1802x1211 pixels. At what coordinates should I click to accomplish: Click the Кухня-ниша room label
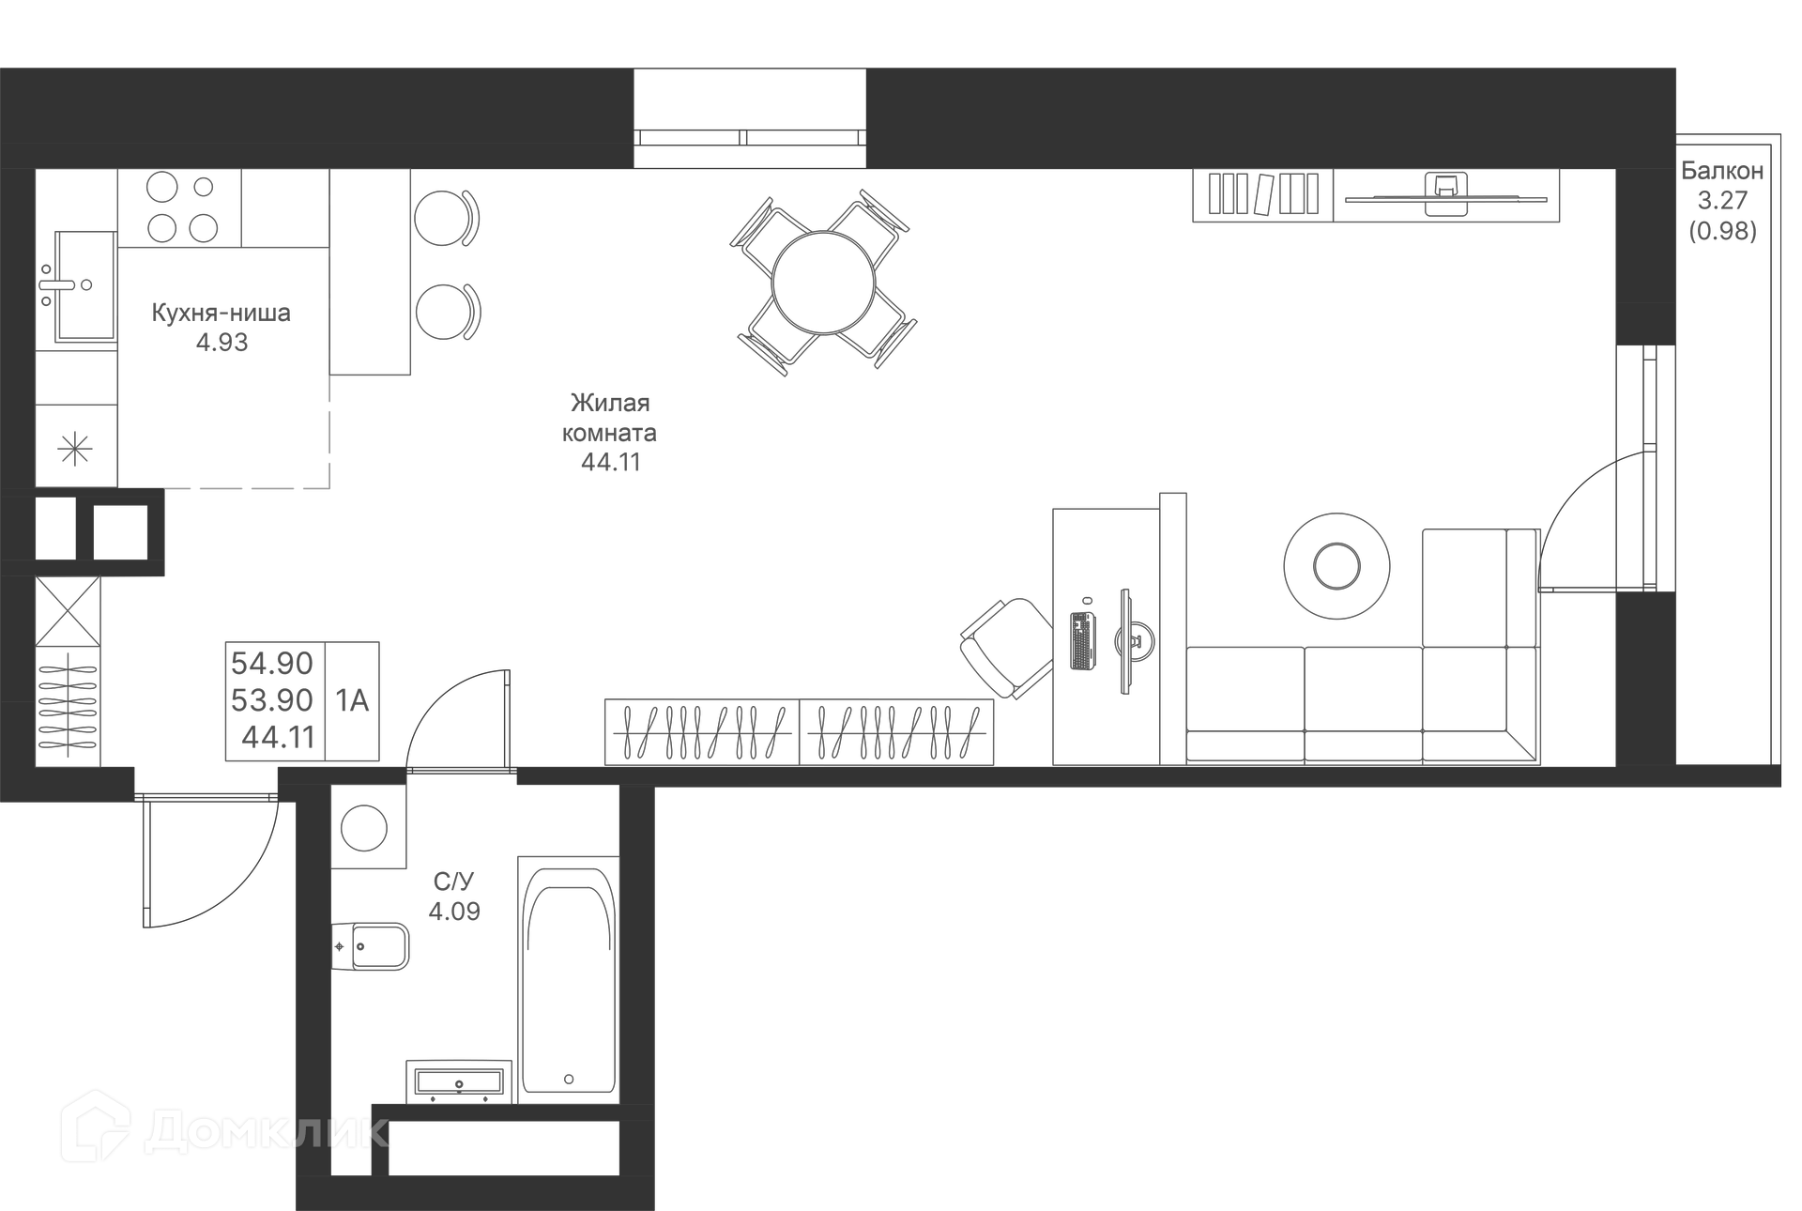(221, 313)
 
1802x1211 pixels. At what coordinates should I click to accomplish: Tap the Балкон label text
(1721, 171)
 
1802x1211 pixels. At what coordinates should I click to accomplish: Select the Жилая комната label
(609, 418)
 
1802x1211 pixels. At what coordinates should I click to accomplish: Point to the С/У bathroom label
(453, 881)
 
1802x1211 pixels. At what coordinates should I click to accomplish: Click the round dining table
(823, 283)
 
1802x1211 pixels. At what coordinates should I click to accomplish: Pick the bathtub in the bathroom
(568, 980)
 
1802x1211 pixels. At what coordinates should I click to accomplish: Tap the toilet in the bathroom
(375, 946)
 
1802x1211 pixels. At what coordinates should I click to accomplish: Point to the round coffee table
(1336, 566)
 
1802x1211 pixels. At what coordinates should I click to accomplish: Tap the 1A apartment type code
(352, 700)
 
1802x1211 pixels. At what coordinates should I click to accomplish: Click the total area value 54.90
(272, 664)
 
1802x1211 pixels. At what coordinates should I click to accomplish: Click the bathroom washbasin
(458, 1082)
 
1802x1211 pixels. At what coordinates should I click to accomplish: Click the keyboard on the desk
(1082, 640)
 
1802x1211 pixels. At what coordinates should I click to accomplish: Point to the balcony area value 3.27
(1721, 200)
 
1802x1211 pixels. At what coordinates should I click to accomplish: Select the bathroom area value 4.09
(454, 912)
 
